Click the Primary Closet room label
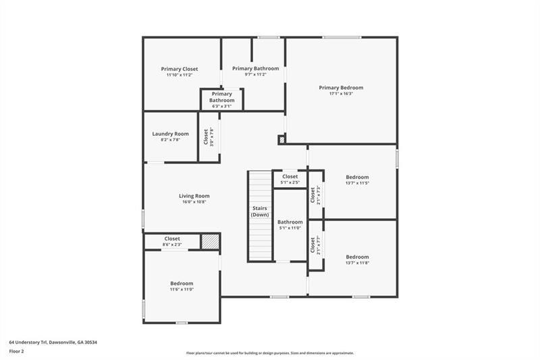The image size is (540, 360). click(180, 69)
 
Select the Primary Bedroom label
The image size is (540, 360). click(341, 88)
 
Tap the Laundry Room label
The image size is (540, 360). click(170, 134)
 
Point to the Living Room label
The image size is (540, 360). click(194, 196)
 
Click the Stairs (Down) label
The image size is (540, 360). click(261, 211)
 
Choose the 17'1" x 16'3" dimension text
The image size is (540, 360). click(341, 94)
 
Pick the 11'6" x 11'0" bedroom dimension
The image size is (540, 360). click(182, 290)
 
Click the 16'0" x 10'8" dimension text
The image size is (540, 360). click(194, 202)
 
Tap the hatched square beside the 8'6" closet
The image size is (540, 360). click(211, 242)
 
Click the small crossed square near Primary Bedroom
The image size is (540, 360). click(281, 140)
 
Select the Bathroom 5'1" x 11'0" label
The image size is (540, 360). click(290, 222)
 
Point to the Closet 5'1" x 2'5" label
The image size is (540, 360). click(290, 177)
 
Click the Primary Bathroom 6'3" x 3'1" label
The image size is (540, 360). click(221, 97)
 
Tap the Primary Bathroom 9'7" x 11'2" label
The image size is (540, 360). click(255, 69)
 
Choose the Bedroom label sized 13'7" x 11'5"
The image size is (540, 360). click(357, 177)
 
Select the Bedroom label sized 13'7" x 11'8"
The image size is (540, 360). click(357, 257)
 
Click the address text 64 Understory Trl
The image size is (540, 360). click(53, 342)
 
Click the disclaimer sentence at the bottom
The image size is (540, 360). click(270, 353)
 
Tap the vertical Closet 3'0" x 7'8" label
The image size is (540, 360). click(208, 137)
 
